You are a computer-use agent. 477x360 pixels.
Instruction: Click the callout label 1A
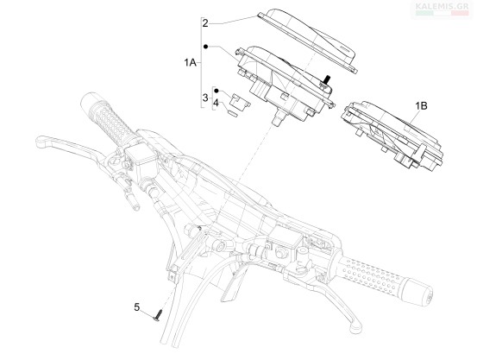pyautogui.click(x=190, y=63)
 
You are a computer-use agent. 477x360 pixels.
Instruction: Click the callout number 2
pyautogui.click(x=205, y=23)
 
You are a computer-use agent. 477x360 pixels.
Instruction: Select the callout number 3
pyautogui.click(x=205, y=98)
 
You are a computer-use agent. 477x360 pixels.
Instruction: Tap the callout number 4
pyautogui.click(x=216, y=103)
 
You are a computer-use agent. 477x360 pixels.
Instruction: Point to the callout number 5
pyautogui.click(x=137, y=307)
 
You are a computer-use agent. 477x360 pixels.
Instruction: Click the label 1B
pyautogui.click(x=421, y=105)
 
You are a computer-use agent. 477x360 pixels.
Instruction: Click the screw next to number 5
pyautogui.click(x=158, y=315)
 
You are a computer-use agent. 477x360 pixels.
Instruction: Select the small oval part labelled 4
pyautogui.click(x=233, y=114)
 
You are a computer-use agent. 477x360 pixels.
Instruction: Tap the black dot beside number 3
pyautogui.click(x=217, y=91)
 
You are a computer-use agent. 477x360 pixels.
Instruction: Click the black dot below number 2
pyautogui.click(x=205, y=47)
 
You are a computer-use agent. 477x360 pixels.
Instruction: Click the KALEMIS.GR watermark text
pyautogui.click(x=442, y=6)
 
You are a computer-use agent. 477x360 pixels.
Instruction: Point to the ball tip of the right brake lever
pyautogui.click(x=355, y=328)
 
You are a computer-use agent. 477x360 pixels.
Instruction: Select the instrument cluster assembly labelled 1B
pyautogui.click(x=392, y=135)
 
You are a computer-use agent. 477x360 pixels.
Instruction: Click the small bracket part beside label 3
pyautogui.click(x=240, y=100)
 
